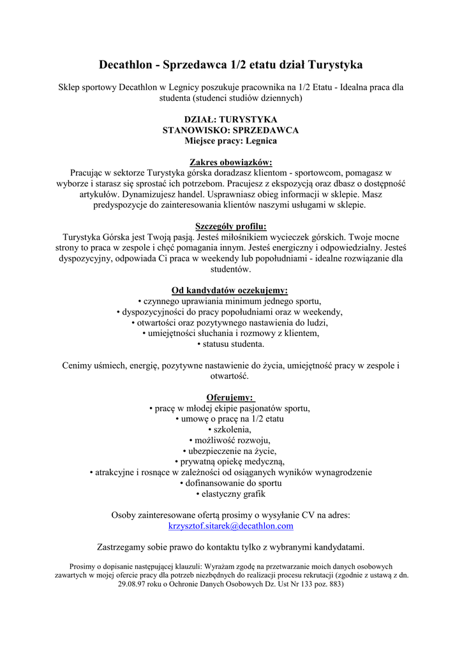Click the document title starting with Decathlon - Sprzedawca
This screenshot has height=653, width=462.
230,64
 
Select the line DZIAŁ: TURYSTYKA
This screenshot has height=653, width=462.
230,119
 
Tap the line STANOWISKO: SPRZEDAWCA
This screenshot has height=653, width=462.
230,129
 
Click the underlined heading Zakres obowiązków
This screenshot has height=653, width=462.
230,162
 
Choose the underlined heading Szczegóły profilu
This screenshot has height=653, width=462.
230,226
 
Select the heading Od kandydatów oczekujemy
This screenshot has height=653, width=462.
230,290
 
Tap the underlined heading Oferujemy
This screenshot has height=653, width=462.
230,397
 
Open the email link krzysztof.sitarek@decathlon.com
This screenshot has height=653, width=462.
230,526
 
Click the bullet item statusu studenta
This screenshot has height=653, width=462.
230,344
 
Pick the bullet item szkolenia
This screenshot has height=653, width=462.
230,430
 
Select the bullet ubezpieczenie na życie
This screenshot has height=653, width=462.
230,451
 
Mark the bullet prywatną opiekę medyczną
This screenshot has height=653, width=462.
230,462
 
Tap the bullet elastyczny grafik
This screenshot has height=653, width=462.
230,494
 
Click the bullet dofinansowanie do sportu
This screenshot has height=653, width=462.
230,483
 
